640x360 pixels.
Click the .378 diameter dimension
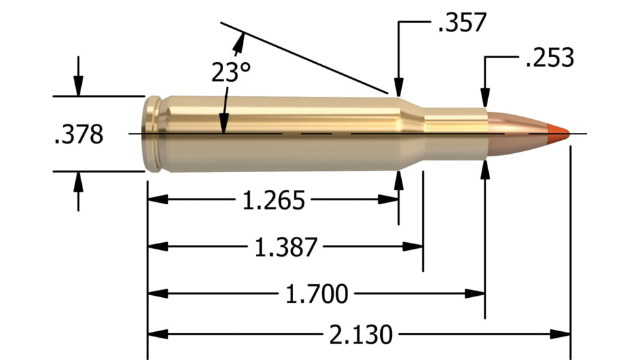pos(79,135)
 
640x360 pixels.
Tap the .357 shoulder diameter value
pos(461,22)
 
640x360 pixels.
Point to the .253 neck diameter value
pos(549,58)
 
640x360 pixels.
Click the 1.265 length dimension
pos(274,200)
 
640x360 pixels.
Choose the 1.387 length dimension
pos(285,247)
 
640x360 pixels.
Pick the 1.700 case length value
pos(316,295)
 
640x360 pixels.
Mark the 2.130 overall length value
pos(361,334)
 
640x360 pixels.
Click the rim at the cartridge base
pos(152,134)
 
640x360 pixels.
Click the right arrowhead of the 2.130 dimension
pos(562,334)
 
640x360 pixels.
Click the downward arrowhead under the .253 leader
pos(485,97)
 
